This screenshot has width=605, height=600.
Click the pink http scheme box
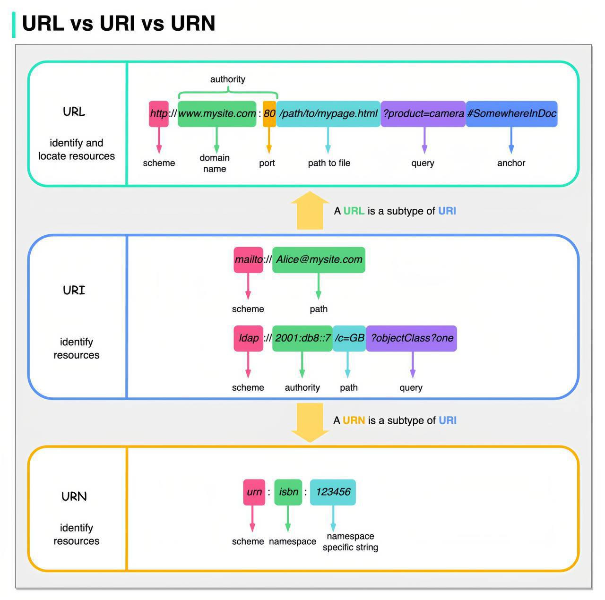pos(158,114)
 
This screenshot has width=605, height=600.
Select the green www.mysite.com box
pos(216,114)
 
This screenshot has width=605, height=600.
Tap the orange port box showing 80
pos(269,114)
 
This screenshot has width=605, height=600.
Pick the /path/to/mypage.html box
pos(328,114)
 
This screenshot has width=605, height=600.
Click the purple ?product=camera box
pos(423,114)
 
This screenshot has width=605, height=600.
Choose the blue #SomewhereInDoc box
pos(511,114)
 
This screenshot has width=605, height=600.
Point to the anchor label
pos(511,163)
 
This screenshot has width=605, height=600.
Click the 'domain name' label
pos(215,163)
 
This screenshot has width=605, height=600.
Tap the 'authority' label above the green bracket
pos(228,79)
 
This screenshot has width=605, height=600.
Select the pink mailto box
pos(248,260)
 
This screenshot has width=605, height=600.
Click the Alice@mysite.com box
pos(319,260)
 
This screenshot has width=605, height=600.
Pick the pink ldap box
pos(248,338)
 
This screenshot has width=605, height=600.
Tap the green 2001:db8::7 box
pos(302,338)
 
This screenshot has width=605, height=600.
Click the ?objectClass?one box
pos(411,338)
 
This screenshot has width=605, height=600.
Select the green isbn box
pos(288,492)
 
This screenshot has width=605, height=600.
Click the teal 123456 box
pos(333,492)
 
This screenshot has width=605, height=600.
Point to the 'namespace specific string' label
pos(350,541)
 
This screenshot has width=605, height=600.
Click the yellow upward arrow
pos(310,210)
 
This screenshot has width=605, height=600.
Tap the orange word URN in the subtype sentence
pos(354,420)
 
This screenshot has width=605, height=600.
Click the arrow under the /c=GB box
pos(347,365)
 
